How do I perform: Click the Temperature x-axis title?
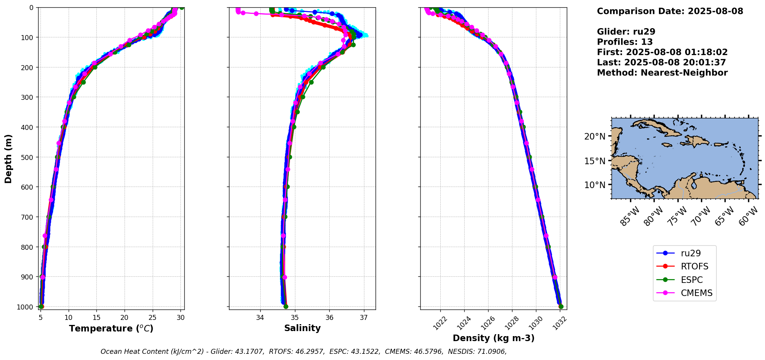pos(111,328)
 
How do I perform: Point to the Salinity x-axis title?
pos(302,328)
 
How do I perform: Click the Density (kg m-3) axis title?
pos(494,338)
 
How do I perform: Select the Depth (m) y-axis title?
pos(8,158)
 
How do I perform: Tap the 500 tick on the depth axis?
pos(27,157)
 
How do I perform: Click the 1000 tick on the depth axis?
pos(25,307)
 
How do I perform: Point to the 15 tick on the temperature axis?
pos(96,318)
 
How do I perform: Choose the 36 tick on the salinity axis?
pos(329,318)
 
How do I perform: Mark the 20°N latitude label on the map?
pos(595,136)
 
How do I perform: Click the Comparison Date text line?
pos(670,11)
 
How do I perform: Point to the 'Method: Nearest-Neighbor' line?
pos(662,73)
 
